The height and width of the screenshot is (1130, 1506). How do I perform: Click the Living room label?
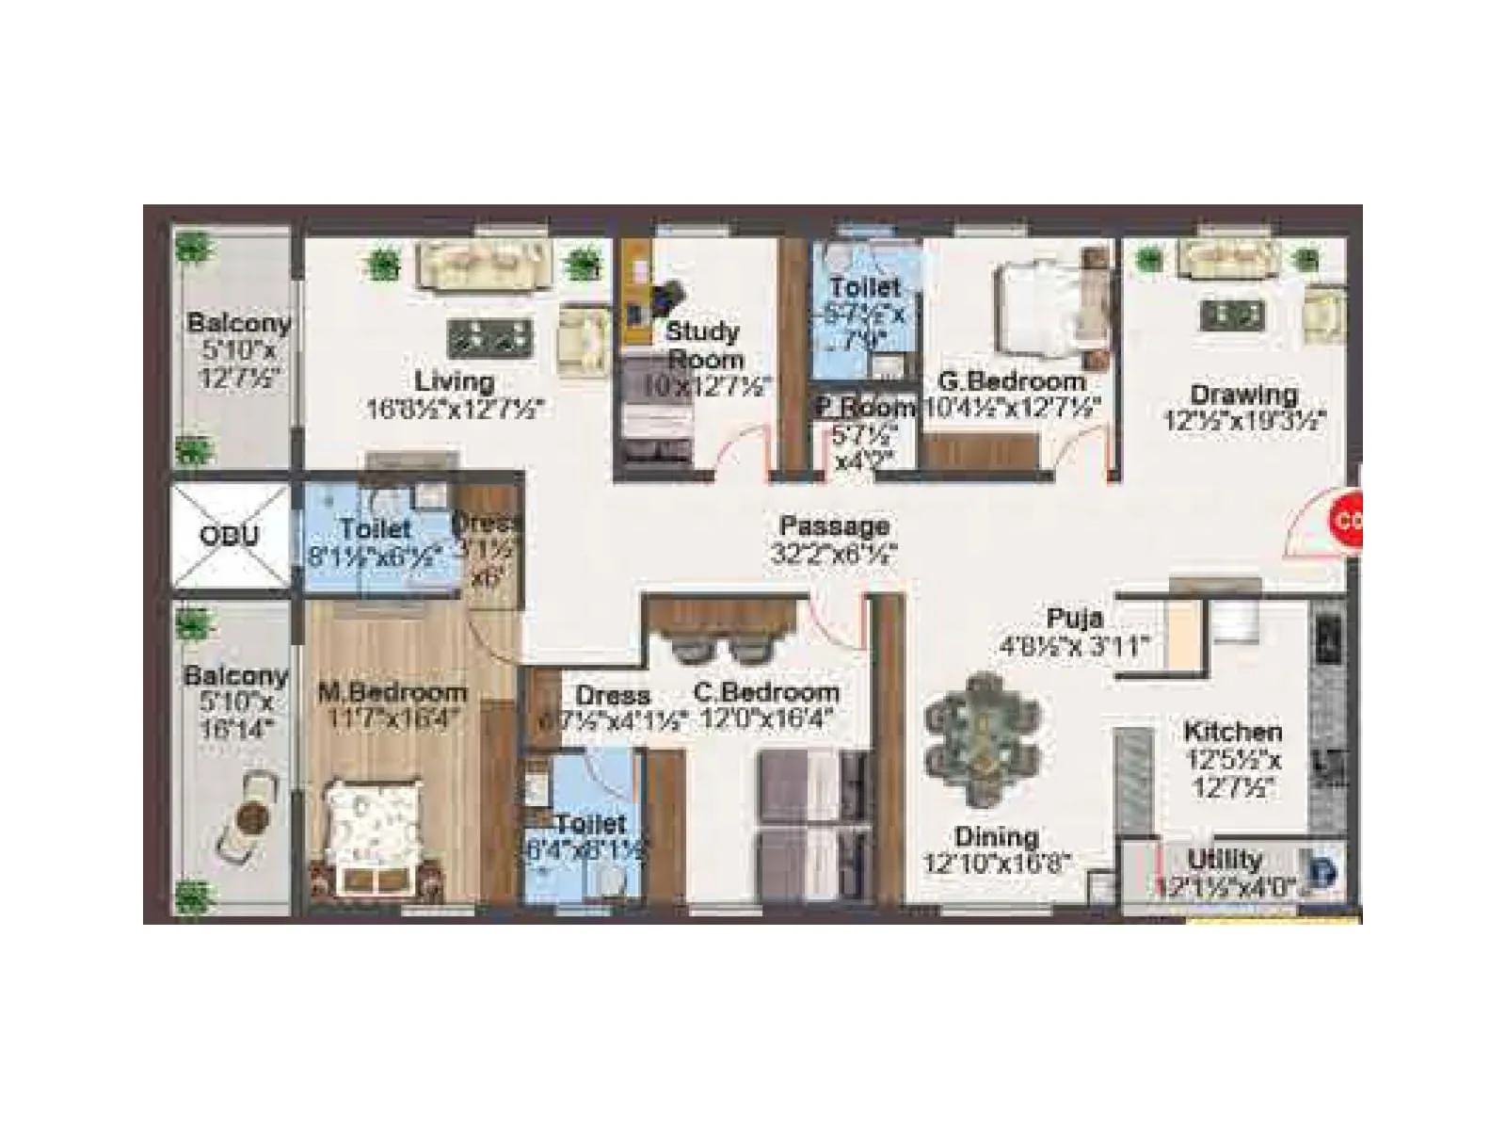coord(455,381)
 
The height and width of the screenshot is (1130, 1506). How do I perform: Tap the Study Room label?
coord(703,346)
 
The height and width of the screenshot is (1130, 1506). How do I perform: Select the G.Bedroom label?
coord(1012,381)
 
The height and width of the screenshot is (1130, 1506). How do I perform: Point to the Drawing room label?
coord(1243,394)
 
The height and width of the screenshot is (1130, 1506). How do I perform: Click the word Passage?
coord(834,525)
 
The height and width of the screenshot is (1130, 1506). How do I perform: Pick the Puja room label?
coord(1075,619)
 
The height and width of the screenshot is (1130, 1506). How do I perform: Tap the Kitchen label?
coord(1232,731)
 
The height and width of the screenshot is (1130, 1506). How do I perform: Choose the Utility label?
coord(1224,859)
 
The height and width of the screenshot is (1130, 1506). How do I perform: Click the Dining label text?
coord(996,836)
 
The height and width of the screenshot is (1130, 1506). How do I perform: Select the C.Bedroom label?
coord(766,692)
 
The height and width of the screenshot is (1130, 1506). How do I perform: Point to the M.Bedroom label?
coord(393,692)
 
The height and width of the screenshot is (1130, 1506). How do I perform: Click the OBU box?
coord(229,536)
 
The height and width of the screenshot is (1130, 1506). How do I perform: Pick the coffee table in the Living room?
coord(489,337)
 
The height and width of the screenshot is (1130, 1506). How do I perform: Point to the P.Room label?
coord(864,408)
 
